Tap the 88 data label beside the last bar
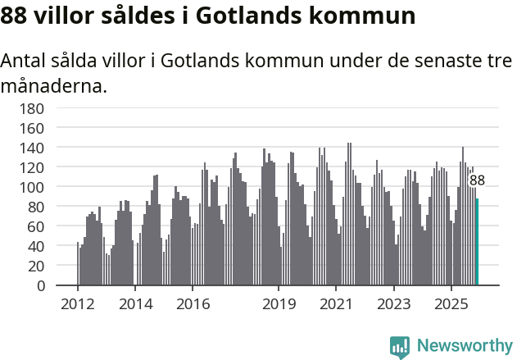477,180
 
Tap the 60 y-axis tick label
34,226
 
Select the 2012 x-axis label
78,304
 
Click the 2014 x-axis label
135,304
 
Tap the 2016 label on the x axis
193,304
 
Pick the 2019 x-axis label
279,304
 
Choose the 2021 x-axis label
336,304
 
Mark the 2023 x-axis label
393,304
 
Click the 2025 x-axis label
451,304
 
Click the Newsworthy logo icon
400,346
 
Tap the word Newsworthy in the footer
464,346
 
